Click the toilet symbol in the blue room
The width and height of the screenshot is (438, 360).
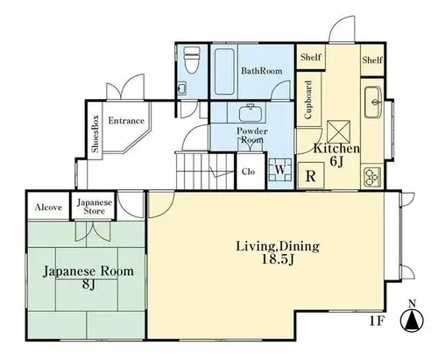click(x=191, y=60)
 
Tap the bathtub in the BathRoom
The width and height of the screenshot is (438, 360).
click(x=224, y=72)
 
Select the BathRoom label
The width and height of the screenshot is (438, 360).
click(x=261, y=71)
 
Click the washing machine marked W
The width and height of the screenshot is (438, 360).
click(x=280, y=170)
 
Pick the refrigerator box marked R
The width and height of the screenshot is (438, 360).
click(x=311, y=176)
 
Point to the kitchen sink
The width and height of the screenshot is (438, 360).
click(x=373, y=102)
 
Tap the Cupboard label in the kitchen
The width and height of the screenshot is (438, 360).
click(x=308, y=100)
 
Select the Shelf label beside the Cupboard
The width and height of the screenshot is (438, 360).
click(x=311, y=57)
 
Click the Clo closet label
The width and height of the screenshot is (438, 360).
click(x=248, y=172)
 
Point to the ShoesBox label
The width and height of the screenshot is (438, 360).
click(x=95, y=134)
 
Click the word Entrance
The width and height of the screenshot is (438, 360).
click(x=126, y=121)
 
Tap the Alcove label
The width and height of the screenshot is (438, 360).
click(x=48, y=208)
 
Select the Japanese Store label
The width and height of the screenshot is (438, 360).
click(x=95, y=206)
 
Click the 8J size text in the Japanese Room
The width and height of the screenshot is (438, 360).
click(x=88, y=284)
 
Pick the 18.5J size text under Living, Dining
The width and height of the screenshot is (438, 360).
click(x=277, y=259)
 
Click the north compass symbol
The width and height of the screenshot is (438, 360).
click(x=412, y=318)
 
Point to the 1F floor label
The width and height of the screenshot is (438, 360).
click(x=377, y=321)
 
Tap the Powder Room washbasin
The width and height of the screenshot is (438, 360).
click(x=251, y=113)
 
